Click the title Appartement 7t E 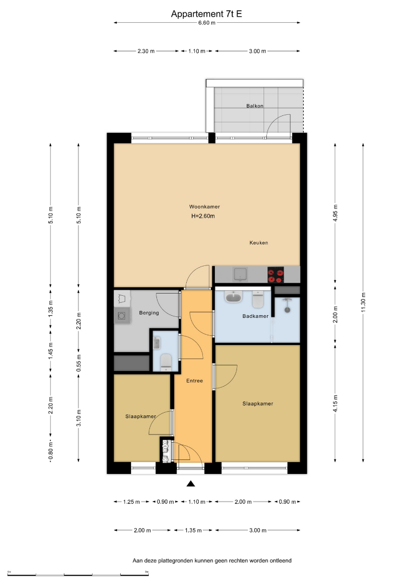point(206,14)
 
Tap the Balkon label point(255,106)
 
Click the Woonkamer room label point(204,207)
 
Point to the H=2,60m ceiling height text point(203,216)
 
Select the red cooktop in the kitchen point(276,275)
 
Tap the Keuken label point(259,243)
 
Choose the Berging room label point(149,313)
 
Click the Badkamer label point(255,316)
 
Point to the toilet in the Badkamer point(258,299)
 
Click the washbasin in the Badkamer point(234,297)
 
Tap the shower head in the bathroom point(287,309)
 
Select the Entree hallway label point(194,381)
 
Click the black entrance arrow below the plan point(191,484)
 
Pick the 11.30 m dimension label point(363,303)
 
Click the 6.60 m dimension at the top point(207,23)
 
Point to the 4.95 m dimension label point(335,213)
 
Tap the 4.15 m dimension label point(335,404)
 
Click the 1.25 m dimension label point(132,502)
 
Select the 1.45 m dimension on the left point(51,350)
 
